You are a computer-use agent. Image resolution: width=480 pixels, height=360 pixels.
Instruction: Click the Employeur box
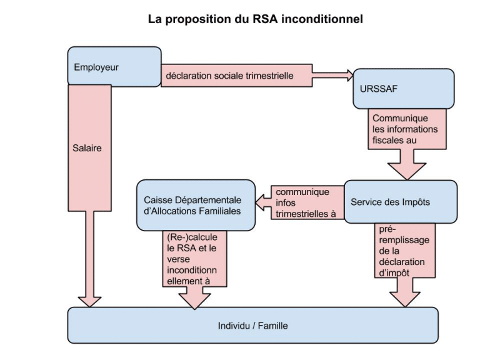point(114,66)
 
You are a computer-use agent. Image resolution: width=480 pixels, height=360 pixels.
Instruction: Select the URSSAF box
point(404,89)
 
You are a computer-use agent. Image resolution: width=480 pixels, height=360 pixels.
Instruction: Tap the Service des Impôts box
point(401,202)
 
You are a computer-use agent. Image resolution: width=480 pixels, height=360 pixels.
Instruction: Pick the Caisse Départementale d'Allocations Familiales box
point(196,205)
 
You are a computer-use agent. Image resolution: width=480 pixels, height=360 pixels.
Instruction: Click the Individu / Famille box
point(253,325)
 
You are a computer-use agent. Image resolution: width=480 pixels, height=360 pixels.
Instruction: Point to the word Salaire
point(87,148)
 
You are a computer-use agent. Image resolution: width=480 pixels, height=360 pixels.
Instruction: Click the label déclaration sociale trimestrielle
point(229,76)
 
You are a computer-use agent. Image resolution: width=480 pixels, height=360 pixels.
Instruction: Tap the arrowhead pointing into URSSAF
point(350,75)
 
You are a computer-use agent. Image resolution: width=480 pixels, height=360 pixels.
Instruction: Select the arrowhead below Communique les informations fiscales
point(407,171)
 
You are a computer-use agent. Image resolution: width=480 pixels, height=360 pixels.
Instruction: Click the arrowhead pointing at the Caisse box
point(259,202)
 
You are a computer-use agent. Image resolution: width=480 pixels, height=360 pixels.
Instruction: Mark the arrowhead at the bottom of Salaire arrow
point(89,302)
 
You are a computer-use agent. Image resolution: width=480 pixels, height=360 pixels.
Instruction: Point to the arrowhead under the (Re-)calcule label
point(194,301)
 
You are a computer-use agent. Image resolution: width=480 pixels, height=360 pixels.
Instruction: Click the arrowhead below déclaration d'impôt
point(405,299)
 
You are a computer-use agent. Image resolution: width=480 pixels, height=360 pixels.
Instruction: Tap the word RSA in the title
point(265,19)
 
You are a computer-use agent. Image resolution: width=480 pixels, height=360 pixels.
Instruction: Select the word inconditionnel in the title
point(322,19)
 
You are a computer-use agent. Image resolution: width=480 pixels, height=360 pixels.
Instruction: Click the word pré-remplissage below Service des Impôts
point(404,235)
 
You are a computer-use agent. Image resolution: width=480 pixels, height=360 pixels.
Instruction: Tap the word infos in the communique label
point(286,202)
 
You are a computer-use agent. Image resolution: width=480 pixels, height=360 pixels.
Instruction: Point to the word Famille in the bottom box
point(272,326)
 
